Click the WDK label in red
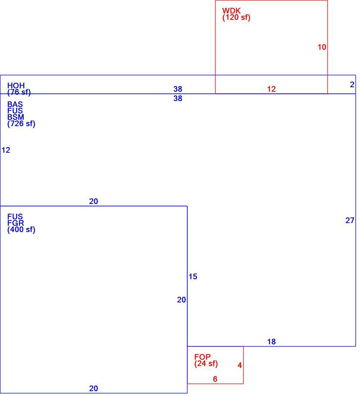coord(232,11)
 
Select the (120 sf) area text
coord(236,18)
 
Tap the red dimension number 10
coord(322,47)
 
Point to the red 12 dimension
coord(271,89)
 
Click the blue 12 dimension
coord(6,150)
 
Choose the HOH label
coord(16,86)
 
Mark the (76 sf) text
coord(19,92)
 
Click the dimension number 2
coord(352,85)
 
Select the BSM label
coord(16,117)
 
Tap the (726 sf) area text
coord(21,124)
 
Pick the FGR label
coord(16,223)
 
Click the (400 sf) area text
coord(21,229)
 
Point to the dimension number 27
coord(350,220)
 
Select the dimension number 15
coord(193,277)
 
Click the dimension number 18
coord(271,342)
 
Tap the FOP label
coord(202,357)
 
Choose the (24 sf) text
coord(206,363)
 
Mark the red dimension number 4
coord(240,365)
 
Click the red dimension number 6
coord(215,379)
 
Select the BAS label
coord(15,104)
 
